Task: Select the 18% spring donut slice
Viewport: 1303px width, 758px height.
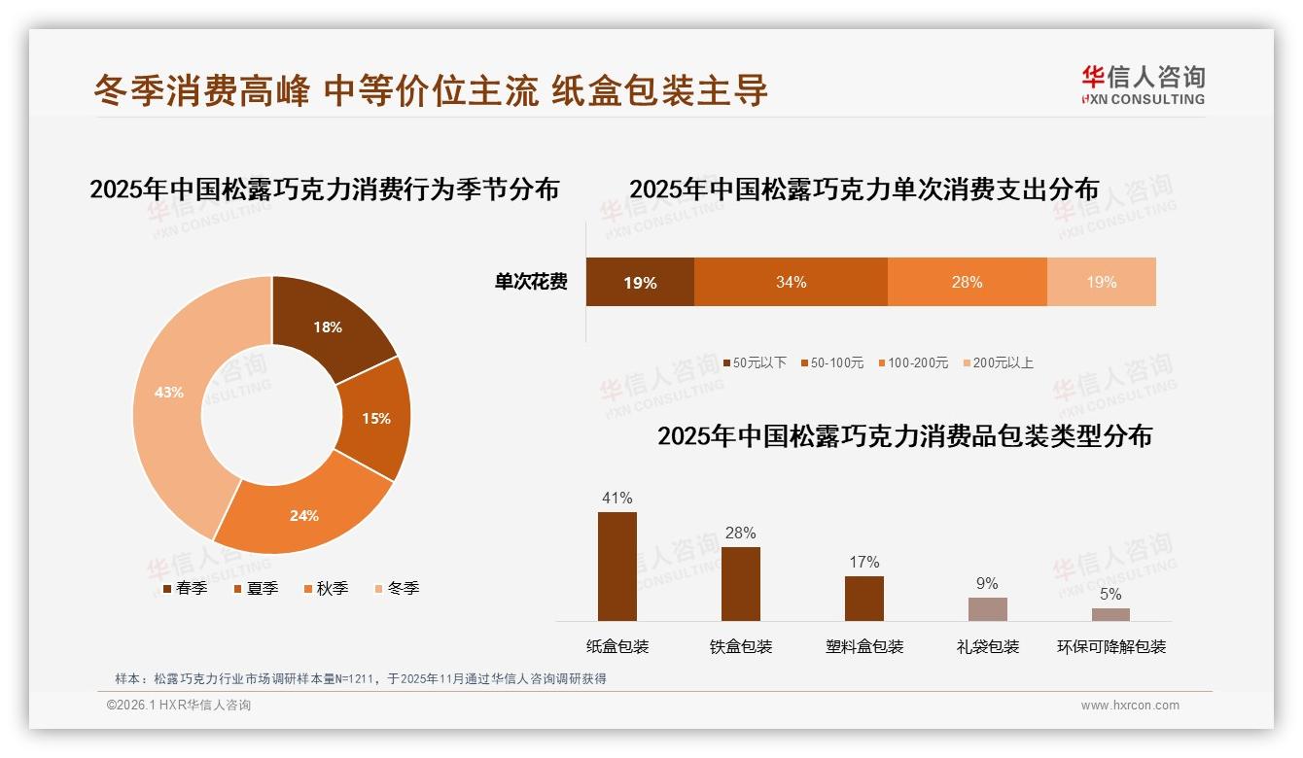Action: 327,327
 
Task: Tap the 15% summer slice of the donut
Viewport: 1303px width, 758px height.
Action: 375,418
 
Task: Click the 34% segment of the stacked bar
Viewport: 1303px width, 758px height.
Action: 791,282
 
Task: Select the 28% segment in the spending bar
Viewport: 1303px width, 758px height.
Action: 967,282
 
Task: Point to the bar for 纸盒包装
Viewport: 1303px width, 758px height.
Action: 616,567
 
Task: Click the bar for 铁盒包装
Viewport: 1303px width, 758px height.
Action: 740,584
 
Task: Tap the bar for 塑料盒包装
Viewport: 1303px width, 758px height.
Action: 863,599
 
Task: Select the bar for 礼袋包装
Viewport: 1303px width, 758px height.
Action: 987,609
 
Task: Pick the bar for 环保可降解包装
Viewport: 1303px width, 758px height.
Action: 1110,614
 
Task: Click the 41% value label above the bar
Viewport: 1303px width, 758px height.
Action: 616,499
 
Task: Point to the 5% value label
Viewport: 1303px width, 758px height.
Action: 1110,594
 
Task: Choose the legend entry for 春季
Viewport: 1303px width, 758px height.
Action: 185,588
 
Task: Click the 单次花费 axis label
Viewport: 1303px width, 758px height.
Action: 531,282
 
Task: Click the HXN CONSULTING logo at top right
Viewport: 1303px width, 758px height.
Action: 1143,86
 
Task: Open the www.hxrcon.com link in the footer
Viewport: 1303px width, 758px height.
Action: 1130,706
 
